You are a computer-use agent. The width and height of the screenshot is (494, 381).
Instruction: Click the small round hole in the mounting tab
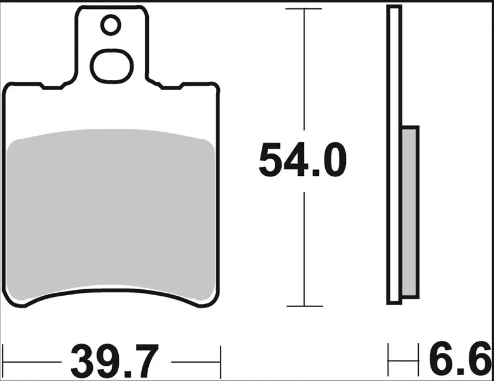coord(111,25)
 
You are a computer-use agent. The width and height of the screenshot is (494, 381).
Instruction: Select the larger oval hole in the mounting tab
coord(112,65)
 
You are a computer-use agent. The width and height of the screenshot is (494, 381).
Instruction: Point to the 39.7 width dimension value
coord(114,362)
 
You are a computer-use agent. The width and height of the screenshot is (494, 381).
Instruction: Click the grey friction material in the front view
coord(112,212)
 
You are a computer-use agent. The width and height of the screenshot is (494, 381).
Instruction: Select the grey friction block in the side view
coord(410,212)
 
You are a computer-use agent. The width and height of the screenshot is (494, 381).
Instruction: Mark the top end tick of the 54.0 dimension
coord(303,9)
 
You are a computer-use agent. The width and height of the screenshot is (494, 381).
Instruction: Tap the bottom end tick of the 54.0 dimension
coord(303,306)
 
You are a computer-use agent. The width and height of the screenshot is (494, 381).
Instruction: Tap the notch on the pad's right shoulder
coord(171,88)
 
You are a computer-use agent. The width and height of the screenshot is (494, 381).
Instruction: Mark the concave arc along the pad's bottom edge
coord(112,292)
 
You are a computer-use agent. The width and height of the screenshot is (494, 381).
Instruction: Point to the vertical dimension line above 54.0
coord(303,71)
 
